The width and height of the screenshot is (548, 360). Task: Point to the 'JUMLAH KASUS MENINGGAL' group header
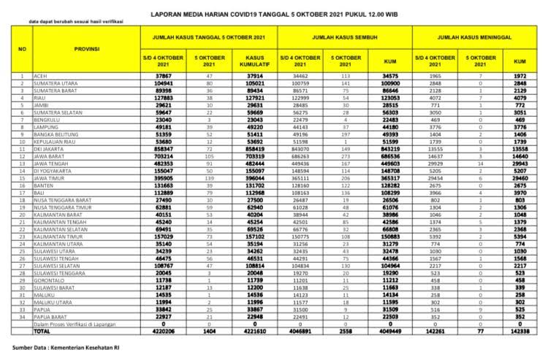click(x=479, y=34)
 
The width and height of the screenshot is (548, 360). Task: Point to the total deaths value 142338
click(x=518, y=331)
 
